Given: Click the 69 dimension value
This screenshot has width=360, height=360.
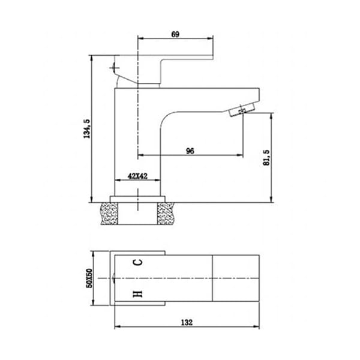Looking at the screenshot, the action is point(175,34).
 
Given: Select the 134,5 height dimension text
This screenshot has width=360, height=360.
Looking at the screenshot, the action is point(87,129).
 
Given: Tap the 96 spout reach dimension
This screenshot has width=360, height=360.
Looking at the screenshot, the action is point(190,151).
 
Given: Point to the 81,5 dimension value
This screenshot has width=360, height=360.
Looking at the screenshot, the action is point(266,157).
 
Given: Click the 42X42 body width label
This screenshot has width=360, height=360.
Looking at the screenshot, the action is point(137,176).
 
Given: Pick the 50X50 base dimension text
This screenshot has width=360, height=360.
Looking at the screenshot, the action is point(89,278).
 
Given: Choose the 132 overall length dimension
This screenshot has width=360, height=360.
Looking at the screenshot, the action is point(187,322).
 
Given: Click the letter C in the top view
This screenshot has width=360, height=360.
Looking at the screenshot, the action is point(138,262).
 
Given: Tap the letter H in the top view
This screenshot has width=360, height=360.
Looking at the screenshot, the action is point(138,293).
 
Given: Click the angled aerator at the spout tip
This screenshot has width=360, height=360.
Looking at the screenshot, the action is point(242,110).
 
